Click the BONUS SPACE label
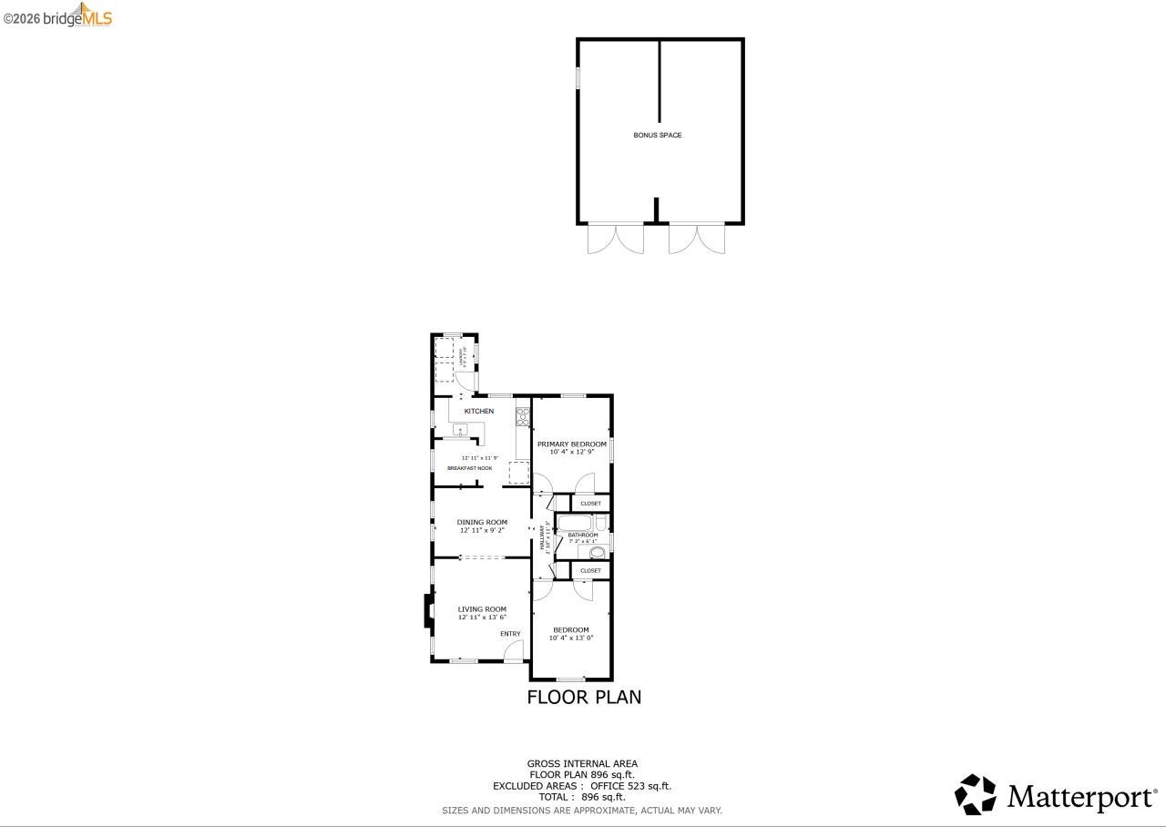[657, 135]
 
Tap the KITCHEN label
[479, 411]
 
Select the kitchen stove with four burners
[523, 416]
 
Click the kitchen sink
[460, 430]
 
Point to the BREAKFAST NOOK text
[469, 468]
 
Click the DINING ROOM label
[482, 522]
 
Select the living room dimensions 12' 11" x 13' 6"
[482, 618]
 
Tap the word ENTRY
[510, 634]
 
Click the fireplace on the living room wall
[427, 611]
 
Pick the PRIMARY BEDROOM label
[571, 444]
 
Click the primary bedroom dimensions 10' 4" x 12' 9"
[571, 452]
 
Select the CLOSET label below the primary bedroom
[590, 504]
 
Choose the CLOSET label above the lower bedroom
[590, 571]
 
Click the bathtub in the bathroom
[574, 522]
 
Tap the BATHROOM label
[583, 535]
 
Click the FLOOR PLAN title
[584, 697]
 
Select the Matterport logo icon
[975, 794]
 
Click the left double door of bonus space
[615, 239]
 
